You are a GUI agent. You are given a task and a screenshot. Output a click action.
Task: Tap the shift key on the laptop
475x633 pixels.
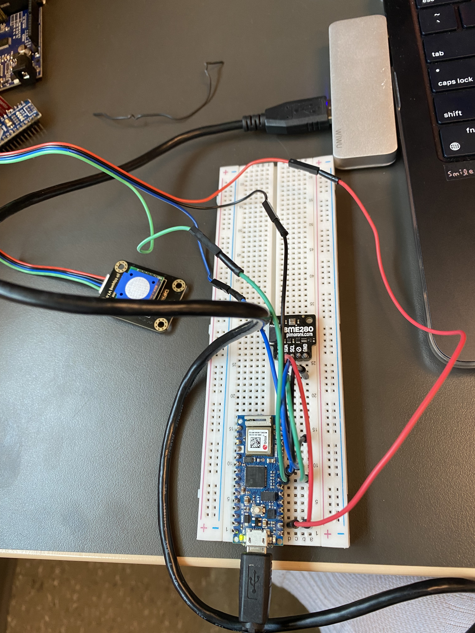click(452, 114)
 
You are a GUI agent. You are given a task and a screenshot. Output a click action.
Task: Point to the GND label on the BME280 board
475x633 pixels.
click(305, 348)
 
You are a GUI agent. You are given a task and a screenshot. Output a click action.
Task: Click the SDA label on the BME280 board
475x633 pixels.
click(286, 349)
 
